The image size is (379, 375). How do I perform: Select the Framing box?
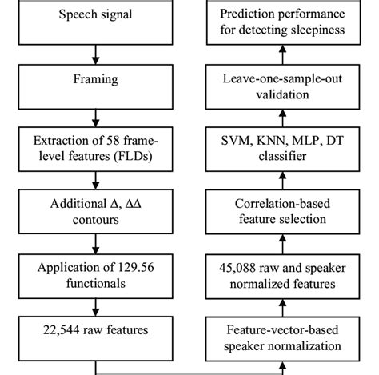point(95,81)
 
